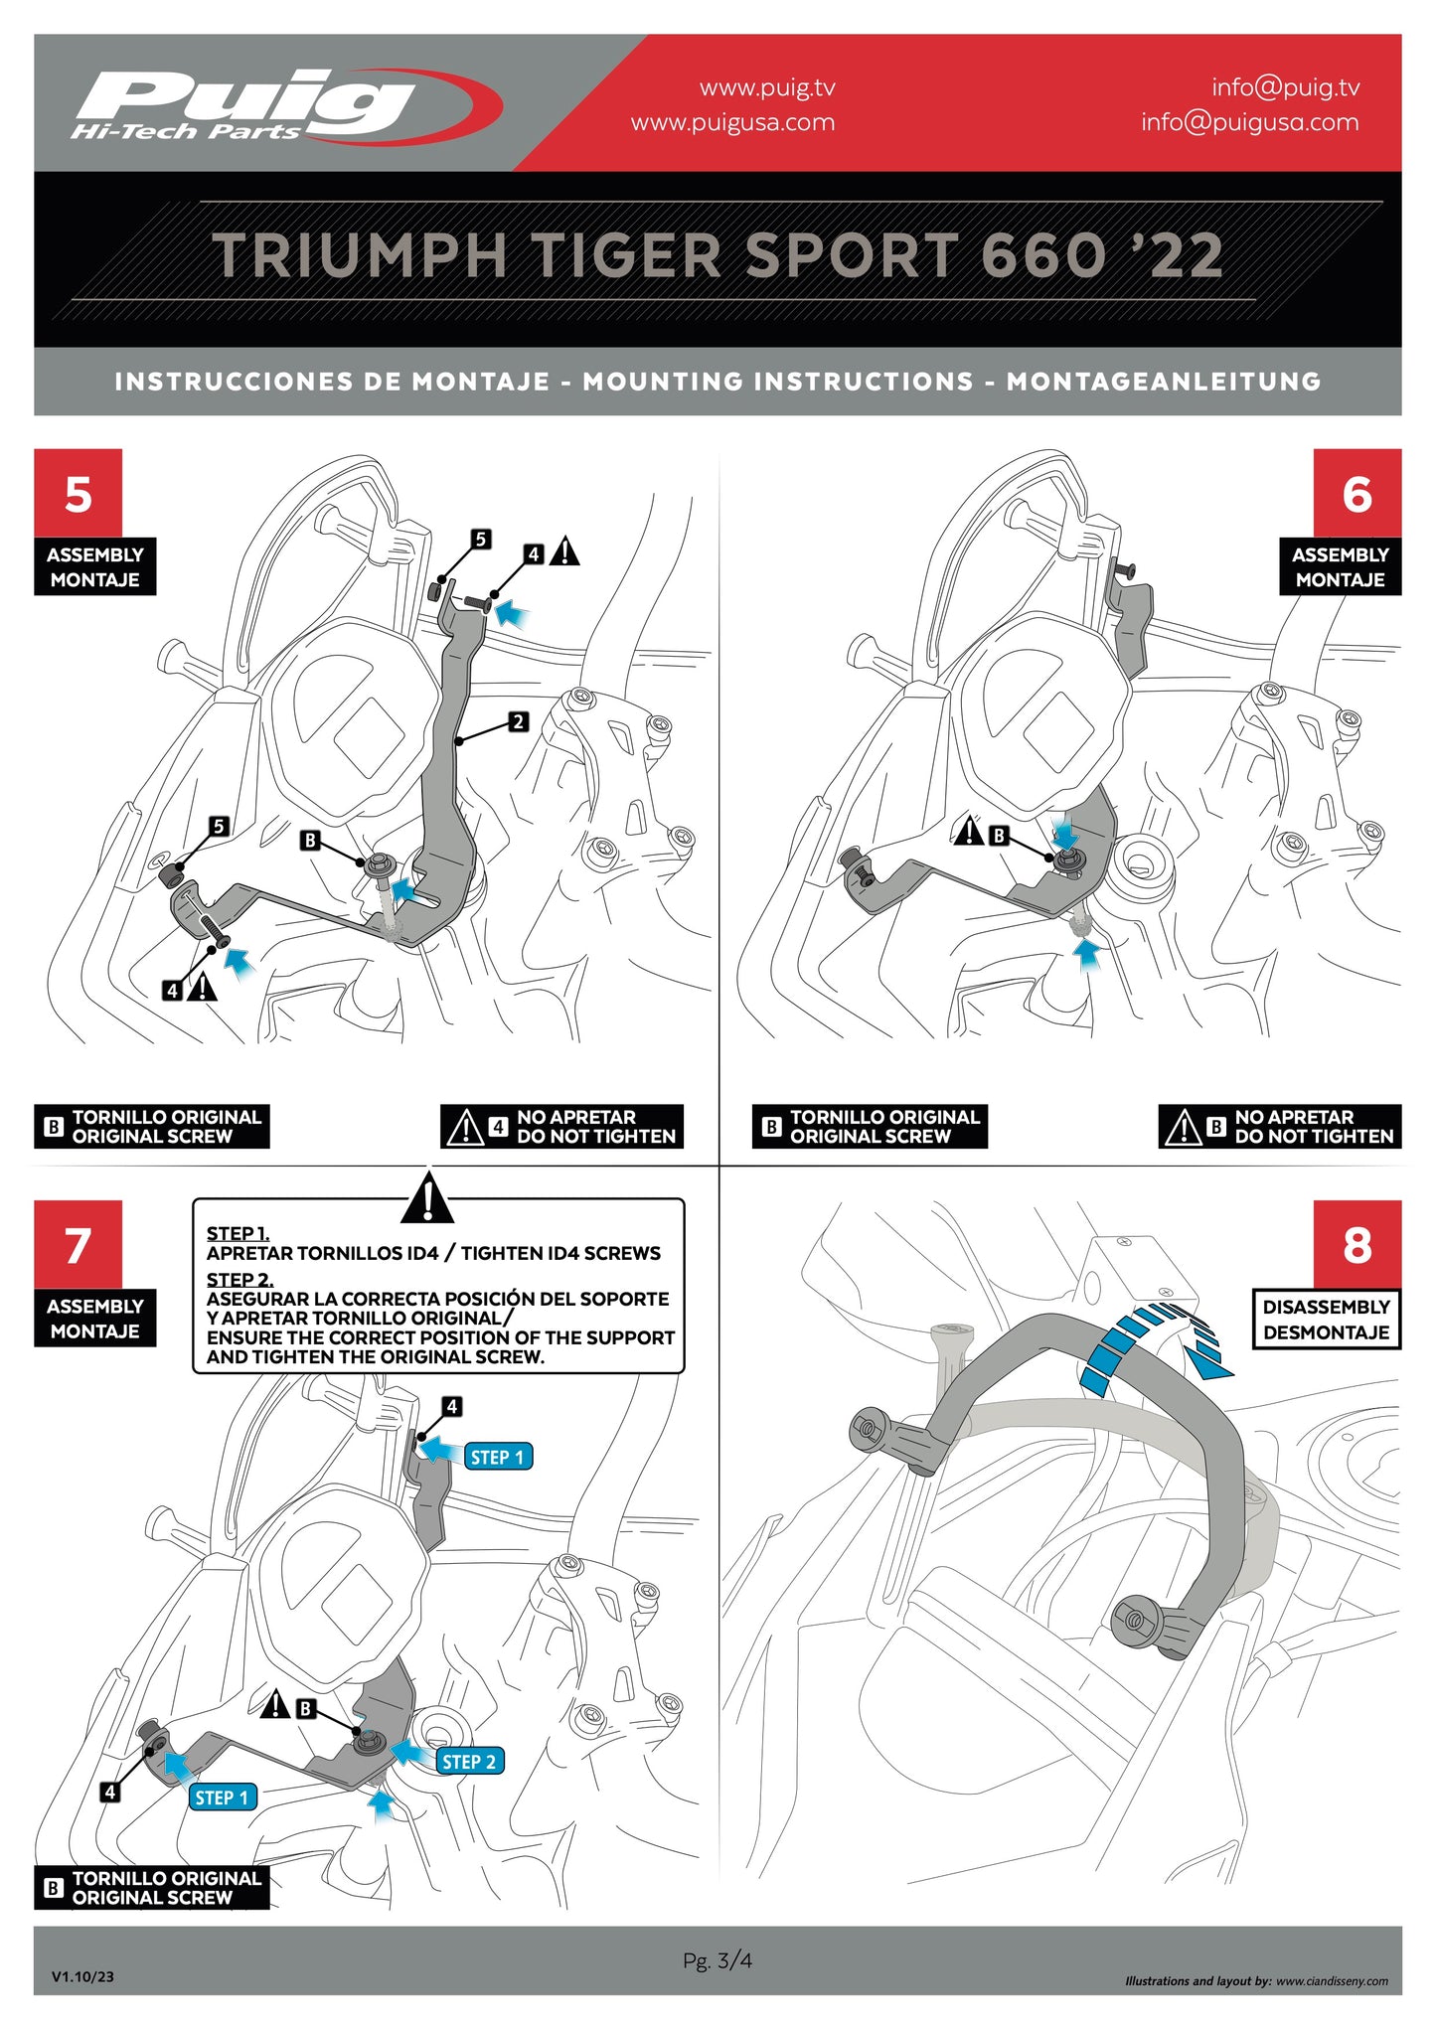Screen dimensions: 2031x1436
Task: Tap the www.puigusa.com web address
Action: [x=732, y=123]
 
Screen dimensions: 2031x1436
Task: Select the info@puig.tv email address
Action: [x=1285, y=87]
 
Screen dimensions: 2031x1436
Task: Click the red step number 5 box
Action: [x=78, y=493]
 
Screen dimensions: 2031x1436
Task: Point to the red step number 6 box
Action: [x=1356, y=493]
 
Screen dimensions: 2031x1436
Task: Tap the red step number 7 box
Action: [x=78, y=1244]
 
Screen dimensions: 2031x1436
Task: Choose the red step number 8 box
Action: [x=1356, y=1244]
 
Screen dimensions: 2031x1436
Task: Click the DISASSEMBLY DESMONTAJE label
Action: [x=1326, y=1320]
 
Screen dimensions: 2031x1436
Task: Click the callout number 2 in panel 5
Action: [x=518, y=722]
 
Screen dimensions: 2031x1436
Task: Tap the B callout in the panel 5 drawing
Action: [x=310, y=841]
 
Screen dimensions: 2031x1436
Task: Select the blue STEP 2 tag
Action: [x=469, y=1762]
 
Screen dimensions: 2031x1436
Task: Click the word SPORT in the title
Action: [x=852, y=256]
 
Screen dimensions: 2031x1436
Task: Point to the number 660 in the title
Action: [x=1043, y=256]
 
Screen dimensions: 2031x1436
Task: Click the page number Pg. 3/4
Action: [x=717, y=1960]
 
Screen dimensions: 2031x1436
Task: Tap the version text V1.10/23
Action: [x=82, y=1976]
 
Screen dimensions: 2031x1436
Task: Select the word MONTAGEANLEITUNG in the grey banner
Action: [x=1163, y=382]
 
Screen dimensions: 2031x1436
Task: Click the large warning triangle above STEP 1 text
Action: [x=427, y=1198]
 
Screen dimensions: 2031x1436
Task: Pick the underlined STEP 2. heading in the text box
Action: [x=239, y=1280]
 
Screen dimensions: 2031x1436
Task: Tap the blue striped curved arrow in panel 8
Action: [x=1153, y=1341]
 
